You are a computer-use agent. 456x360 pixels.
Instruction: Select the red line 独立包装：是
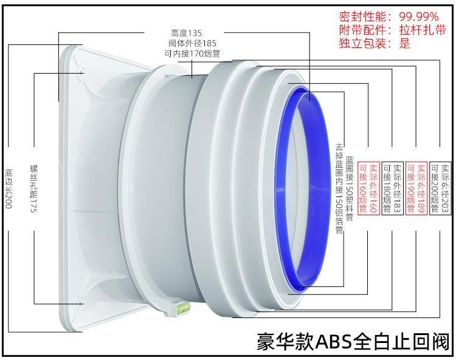tap(375, 43)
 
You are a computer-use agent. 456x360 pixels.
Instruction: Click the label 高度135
tap(187, 33)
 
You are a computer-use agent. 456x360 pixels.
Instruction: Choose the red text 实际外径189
tap(421, 188)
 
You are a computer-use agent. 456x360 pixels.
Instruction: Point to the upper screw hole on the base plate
tap(81, 74)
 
